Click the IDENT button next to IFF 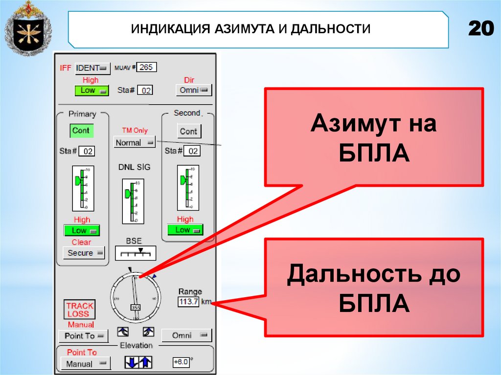pyautogui.click(x=92, y=68)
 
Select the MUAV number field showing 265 pyautogui.click(x=146, y=67)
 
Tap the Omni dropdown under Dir pyautogui.click(x=193, y=90)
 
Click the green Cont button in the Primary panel pyautogui.click(x=81, y=131)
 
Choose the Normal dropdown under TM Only pyautogui.click(x=134, y=143)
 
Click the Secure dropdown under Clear pyautogui.click(x=84, y=253)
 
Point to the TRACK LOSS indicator pyautogui.click(x=80, y=309)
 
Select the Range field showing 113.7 pyautogui.click(x=188, y=302)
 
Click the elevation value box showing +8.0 pyautogui.click(x=181, y=362)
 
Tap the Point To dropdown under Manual pyautogui.click(x=83, y=336)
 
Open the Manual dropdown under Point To pyautogui.click(x=85, y=364)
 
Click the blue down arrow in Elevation pyautogui.click(x=131, y=363)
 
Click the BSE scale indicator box pyautogui.click(x=136, y=253)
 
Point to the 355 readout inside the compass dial pyautogui.click(x=135, y=308)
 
